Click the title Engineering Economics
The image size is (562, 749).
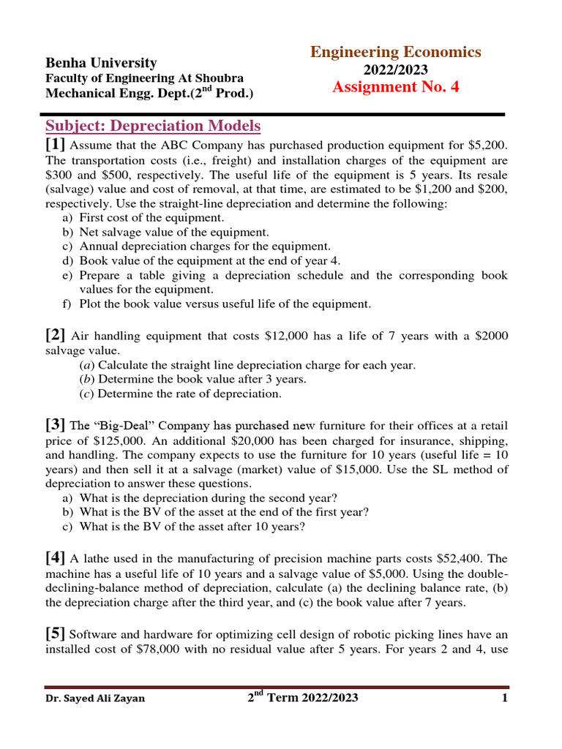[396, 52]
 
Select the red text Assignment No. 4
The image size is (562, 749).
[396, 87]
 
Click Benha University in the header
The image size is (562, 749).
[101, 63]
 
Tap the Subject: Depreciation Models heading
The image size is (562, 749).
[153, 126]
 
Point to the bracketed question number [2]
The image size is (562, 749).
[56, 336]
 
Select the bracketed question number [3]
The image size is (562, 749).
[56, 425]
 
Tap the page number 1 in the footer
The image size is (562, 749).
[505, 698]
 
